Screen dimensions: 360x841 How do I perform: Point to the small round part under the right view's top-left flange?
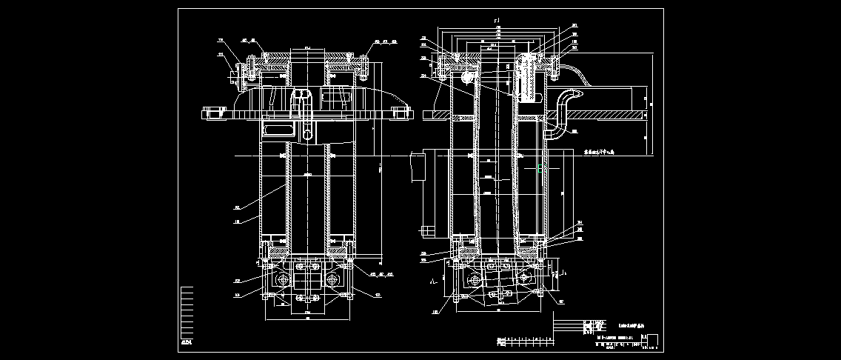click(x=467, y=75)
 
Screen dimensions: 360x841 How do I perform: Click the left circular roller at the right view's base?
click(x=475, y=279)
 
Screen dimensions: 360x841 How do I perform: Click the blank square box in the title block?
click(x=651, y=339)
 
